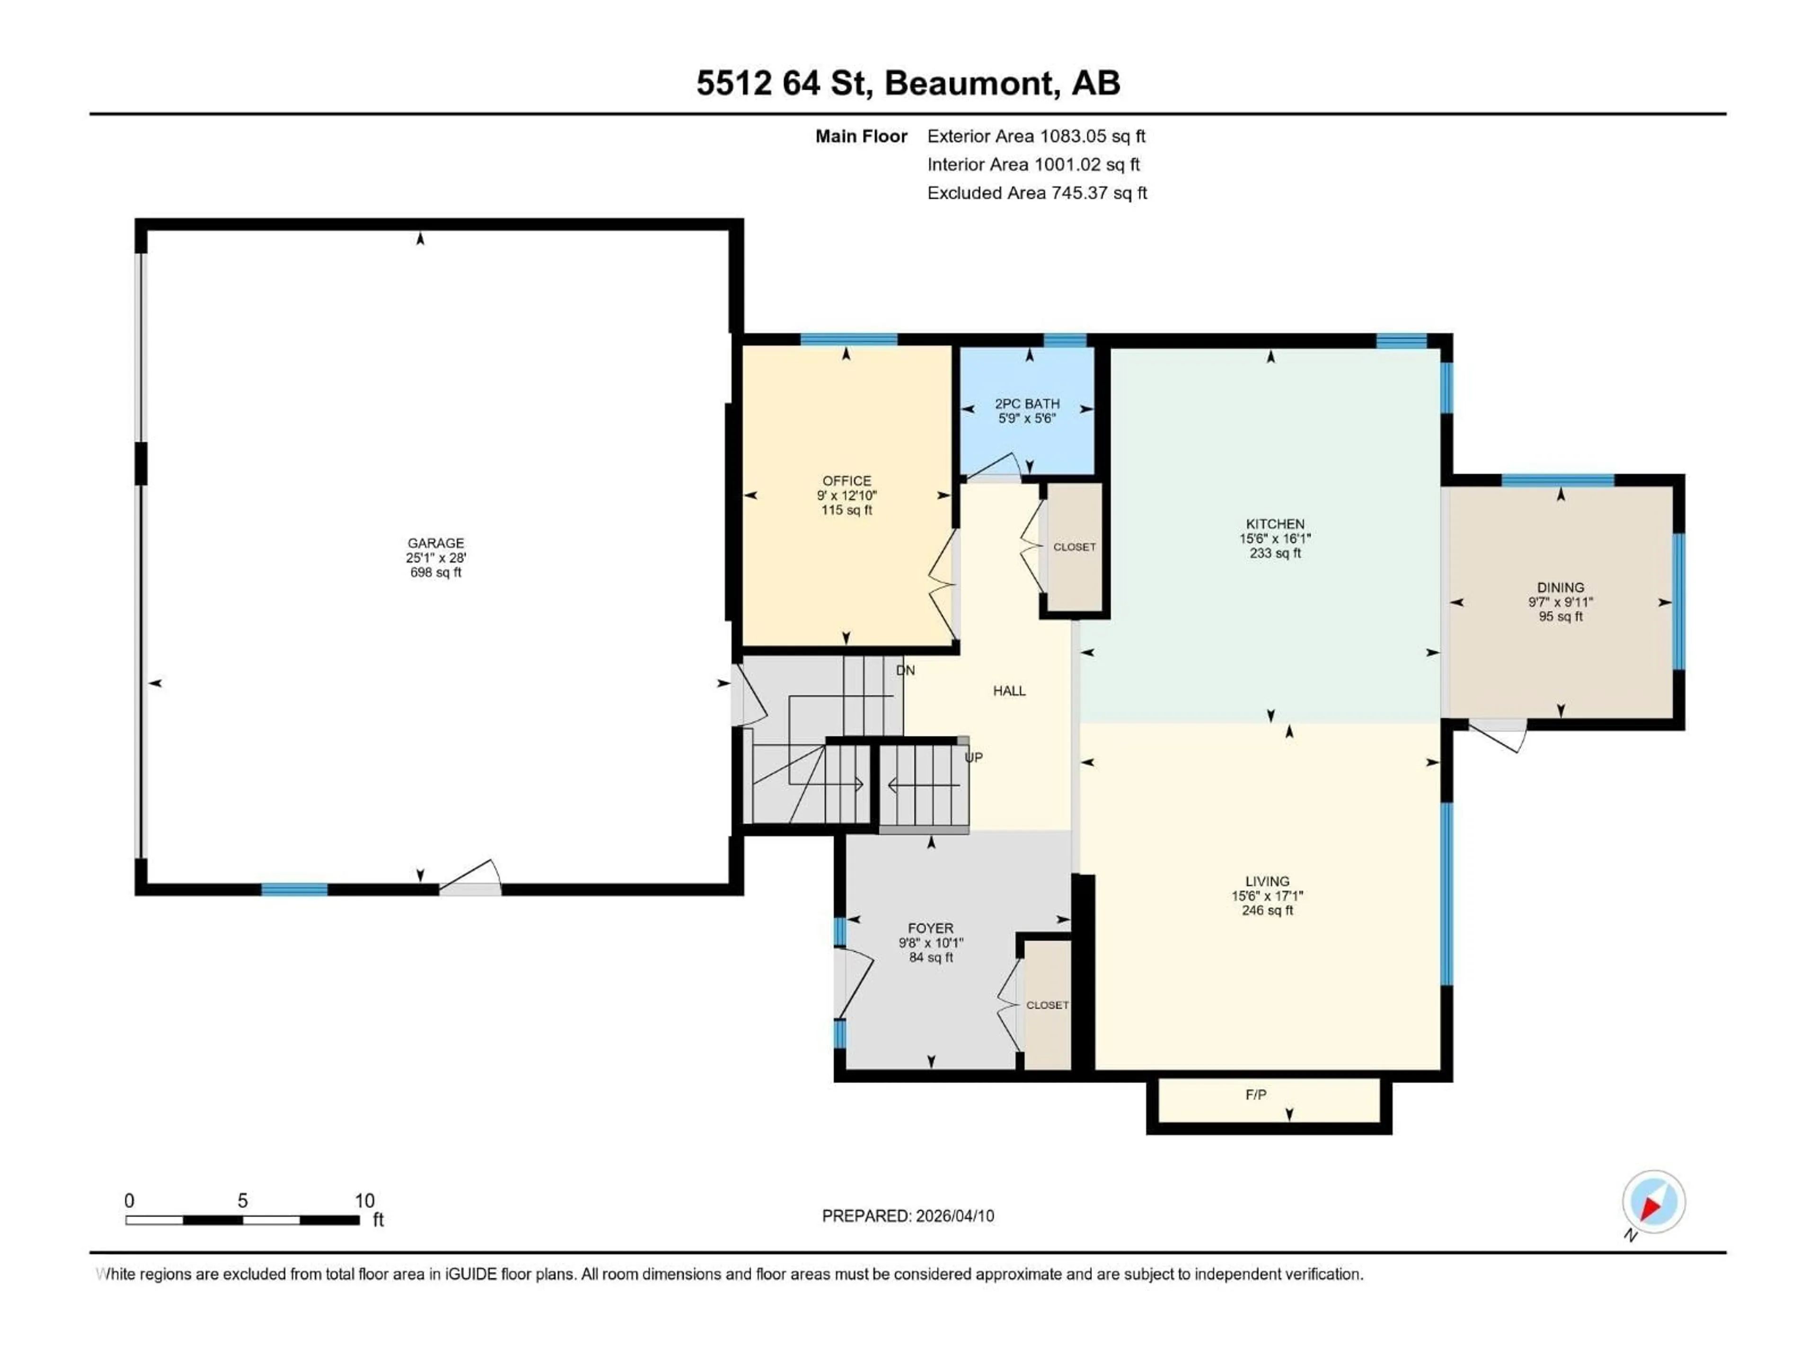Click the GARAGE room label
pyautogui.click(x=435, y=543)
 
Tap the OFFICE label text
pyautogui.click(x=847, y=481)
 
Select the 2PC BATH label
pyautogui.click(x=1027, y=403)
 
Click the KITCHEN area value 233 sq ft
pyautogui.click(x=1275, y=553)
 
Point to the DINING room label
pyautogui.click(x=1560, y=587)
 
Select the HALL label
pyautogui.click(x=1009, y=691)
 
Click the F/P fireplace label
pyautogui.click(x=1255, y=1094)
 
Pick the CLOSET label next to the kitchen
pyautogui.click(x=1074, y=547)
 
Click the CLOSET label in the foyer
pyautogui.click(x=1047, y=1005)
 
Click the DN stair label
pyautogui.click(x=905, y=671)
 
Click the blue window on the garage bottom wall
pyautogui.click(x=294, y=889)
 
